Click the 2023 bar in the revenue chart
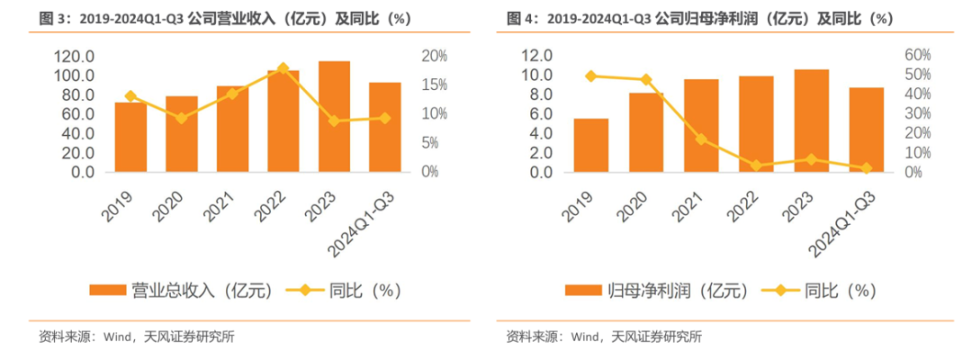[x=334, y=117]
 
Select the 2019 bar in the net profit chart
[x=590, y=146]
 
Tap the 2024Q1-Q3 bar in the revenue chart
[x=385, y=128]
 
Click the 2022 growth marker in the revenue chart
[x=283, y=69]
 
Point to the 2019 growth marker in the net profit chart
[x=590, y=76]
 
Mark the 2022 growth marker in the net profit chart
[x=756, y=166]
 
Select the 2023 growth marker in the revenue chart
[x=335, y=121]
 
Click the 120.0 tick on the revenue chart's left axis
[x=77, y=56]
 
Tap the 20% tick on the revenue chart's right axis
[x=436, y=56]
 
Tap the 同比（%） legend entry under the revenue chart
[x=352, y=290]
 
